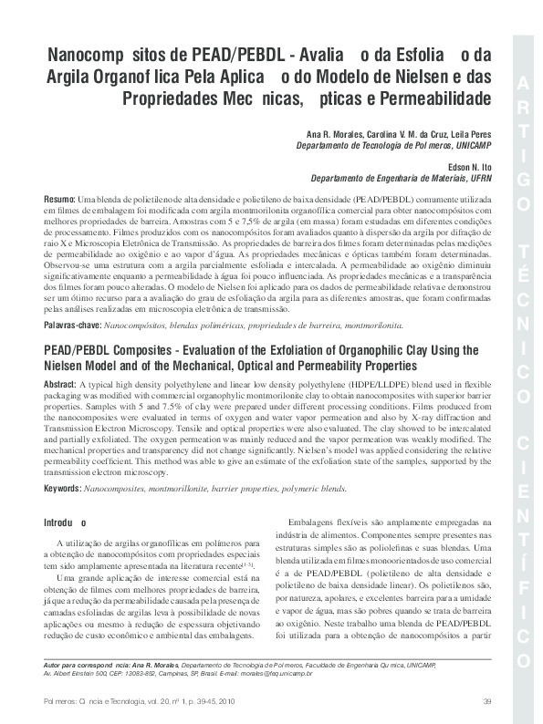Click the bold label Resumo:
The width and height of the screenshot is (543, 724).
click(x=60, y=199)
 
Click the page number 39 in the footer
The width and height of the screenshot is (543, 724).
click(x=486, y=700)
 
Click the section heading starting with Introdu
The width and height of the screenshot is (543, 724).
click(x=65, y=523)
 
